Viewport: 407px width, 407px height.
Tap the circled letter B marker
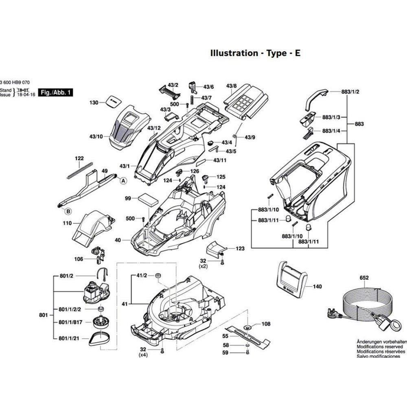(x=68, y=211)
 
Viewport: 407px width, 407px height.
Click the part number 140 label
(x=317, y=287)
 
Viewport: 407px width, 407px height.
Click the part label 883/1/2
(x=350, y=92)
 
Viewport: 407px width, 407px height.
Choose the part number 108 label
(x=266, y=324)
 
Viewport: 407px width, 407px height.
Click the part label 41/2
(x=141, y=276)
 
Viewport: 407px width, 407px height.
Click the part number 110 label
(x=67, y=223)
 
